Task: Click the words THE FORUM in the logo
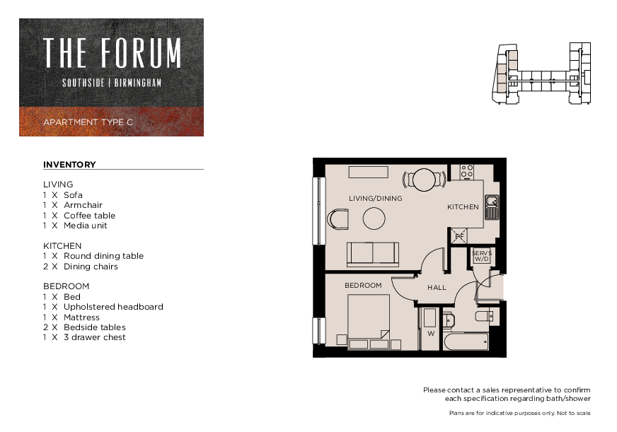[x=112, y=52]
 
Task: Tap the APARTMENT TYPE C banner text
[x=88, y=122]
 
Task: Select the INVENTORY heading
[x=69, y=165]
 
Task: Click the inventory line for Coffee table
[x=79, y=216]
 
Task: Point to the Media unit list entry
[x=75, y=226]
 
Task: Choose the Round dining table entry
[x=93, y=256]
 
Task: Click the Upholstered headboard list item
[x=103, y=307]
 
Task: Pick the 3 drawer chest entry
[x=84, y=337]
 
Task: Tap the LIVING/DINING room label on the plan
[x=376, y=199]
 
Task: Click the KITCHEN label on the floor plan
[x=463, y=206]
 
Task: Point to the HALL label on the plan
[x=437, y=288]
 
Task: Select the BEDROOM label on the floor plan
[x=363, y=286]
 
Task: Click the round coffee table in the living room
[x=374, y=218]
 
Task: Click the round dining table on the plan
[x=425, y=180]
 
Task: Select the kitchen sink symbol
[x=492, y=207]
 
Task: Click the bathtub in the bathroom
[x=466, y=341]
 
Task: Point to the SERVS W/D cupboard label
[x=482, y=256]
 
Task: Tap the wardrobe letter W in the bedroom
[x=431, y=334]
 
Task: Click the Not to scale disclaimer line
[x=519, y=413]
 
